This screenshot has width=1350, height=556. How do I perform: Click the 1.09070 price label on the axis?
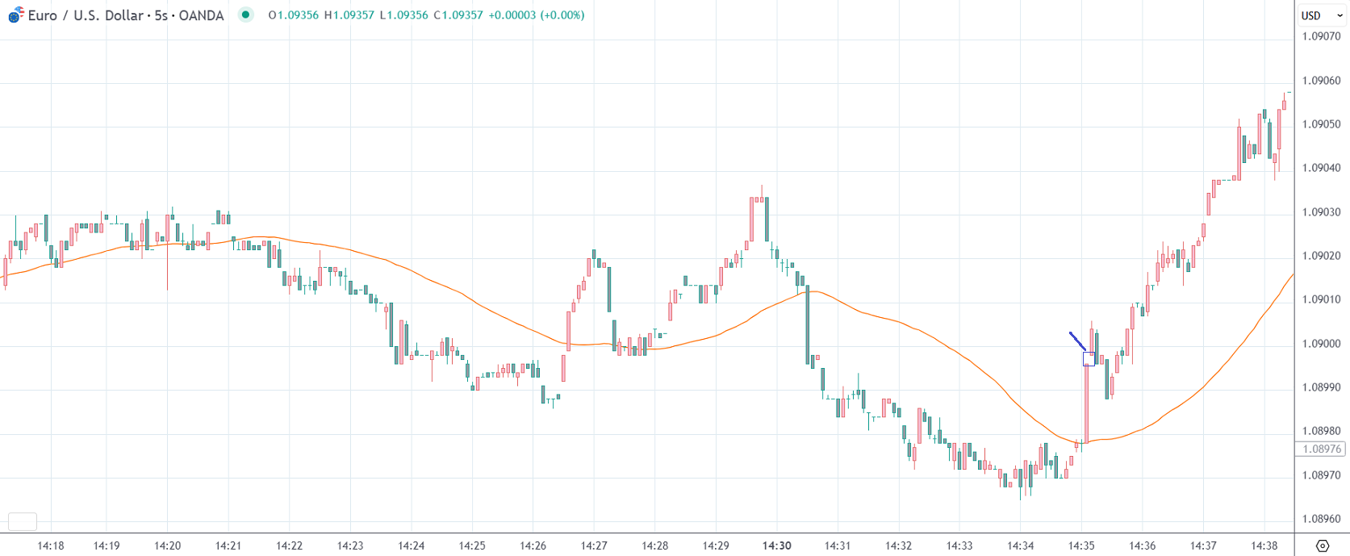click(1321, 36)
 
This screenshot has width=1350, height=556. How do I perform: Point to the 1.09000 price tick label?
click(1321, 344)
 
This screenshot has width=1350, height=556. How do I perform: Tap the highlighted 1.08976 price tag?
click(1321, 449)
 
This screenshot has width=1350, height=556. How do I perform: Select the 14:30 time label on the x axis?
click(776, 546)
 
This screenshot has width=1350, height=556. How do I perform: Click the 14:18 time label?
click(51, 546)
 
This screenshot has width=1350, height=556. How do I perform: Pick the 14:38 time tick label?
click(1264, 546)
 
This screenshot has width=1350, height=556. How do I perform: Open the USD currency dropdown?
click(1321, 15)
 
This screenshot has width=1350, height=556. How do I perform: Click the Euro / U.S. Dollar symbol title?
click(125, 15)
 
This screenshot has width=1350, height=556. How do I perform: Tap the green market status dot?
click(246, 15)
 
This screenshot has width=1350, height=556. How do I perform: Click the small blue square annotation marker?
click(1089, 359)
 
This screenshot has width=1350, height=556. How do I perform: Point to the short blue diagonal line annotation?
click(1077, 341)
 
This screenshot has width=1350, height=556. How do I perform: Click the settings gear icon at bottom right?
click(1322, 546)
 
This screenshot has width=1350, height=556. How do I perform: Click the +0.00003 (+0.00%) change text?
click(536, 15)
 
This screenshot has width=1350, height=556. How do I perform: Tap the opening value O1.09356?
click(293, 15)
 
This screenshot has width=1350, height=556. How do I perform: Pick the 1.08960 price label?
click(1321, 519)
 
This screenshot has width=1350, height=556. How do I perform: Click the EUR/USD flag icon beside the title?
click(15, 15)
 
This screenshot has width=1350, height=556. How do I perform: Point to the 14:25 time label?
click(472, 546)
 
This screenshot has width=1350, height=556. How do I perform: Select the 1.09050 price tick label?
click(1321, 124)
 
